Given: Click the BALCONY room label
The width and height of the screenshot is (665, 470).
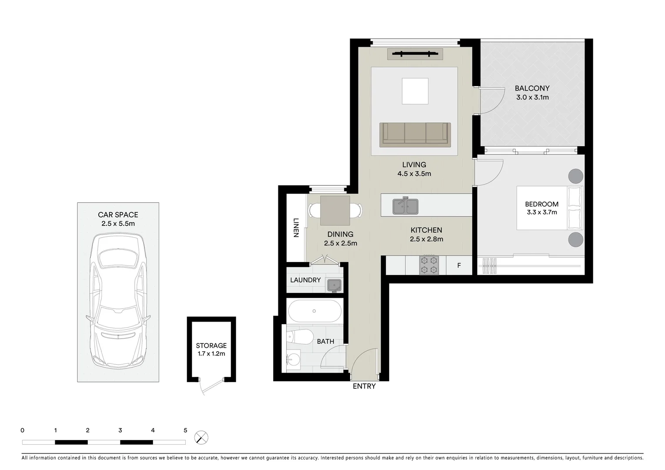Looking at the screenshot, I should click(532, 88).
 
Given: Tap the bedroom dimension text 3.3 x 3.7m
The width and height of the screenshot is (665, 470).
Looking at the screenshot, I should click(541, 212).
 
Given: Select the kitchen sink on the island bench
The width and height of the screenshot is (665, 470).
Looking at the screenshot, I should click(405, 206).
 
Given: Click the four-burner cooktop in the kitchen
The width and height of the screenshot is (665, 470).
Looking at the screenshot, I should click(429, 265).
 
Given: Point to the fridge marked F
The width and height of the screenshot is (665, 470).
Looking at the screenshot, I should click(459, 265).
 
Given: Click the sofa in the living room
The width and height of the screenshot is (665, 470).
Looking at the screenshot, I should click(414, 133).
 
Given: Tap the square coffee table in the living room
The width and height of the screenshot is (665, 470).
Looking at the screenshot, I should click(415, 91).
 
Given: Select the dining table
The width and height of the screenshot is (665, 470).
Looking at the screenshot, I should click(335, 211).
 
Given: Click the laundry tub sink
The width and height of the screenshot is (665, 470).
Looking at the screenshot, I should click(334, 285).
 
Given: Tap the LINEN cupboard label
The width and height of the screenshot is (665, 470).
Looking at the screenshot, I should click(296, 227).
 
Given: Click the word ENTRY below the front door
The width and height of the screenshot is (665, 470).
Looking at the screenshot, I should click(364, 386).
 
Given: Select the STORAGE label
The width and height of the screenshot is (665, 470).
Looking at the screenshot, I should click(211, 346).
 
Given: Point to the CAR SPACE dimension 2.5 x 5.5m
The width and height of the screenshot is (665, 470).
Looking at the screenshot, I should click(118, 224).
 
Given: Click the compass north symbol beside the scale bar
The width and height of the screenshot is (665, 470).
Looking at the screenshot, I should click(201, 437).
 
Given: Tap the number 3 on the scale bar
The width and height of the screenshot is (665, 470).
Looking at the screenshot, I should click(120, 430).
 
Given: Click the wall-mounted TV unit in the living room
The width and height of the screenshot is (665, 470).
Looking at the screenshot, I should click(415, 54).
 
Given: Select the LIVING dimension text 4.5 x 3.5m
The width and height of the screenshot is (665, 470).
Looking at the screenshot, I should click(414, 174).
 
